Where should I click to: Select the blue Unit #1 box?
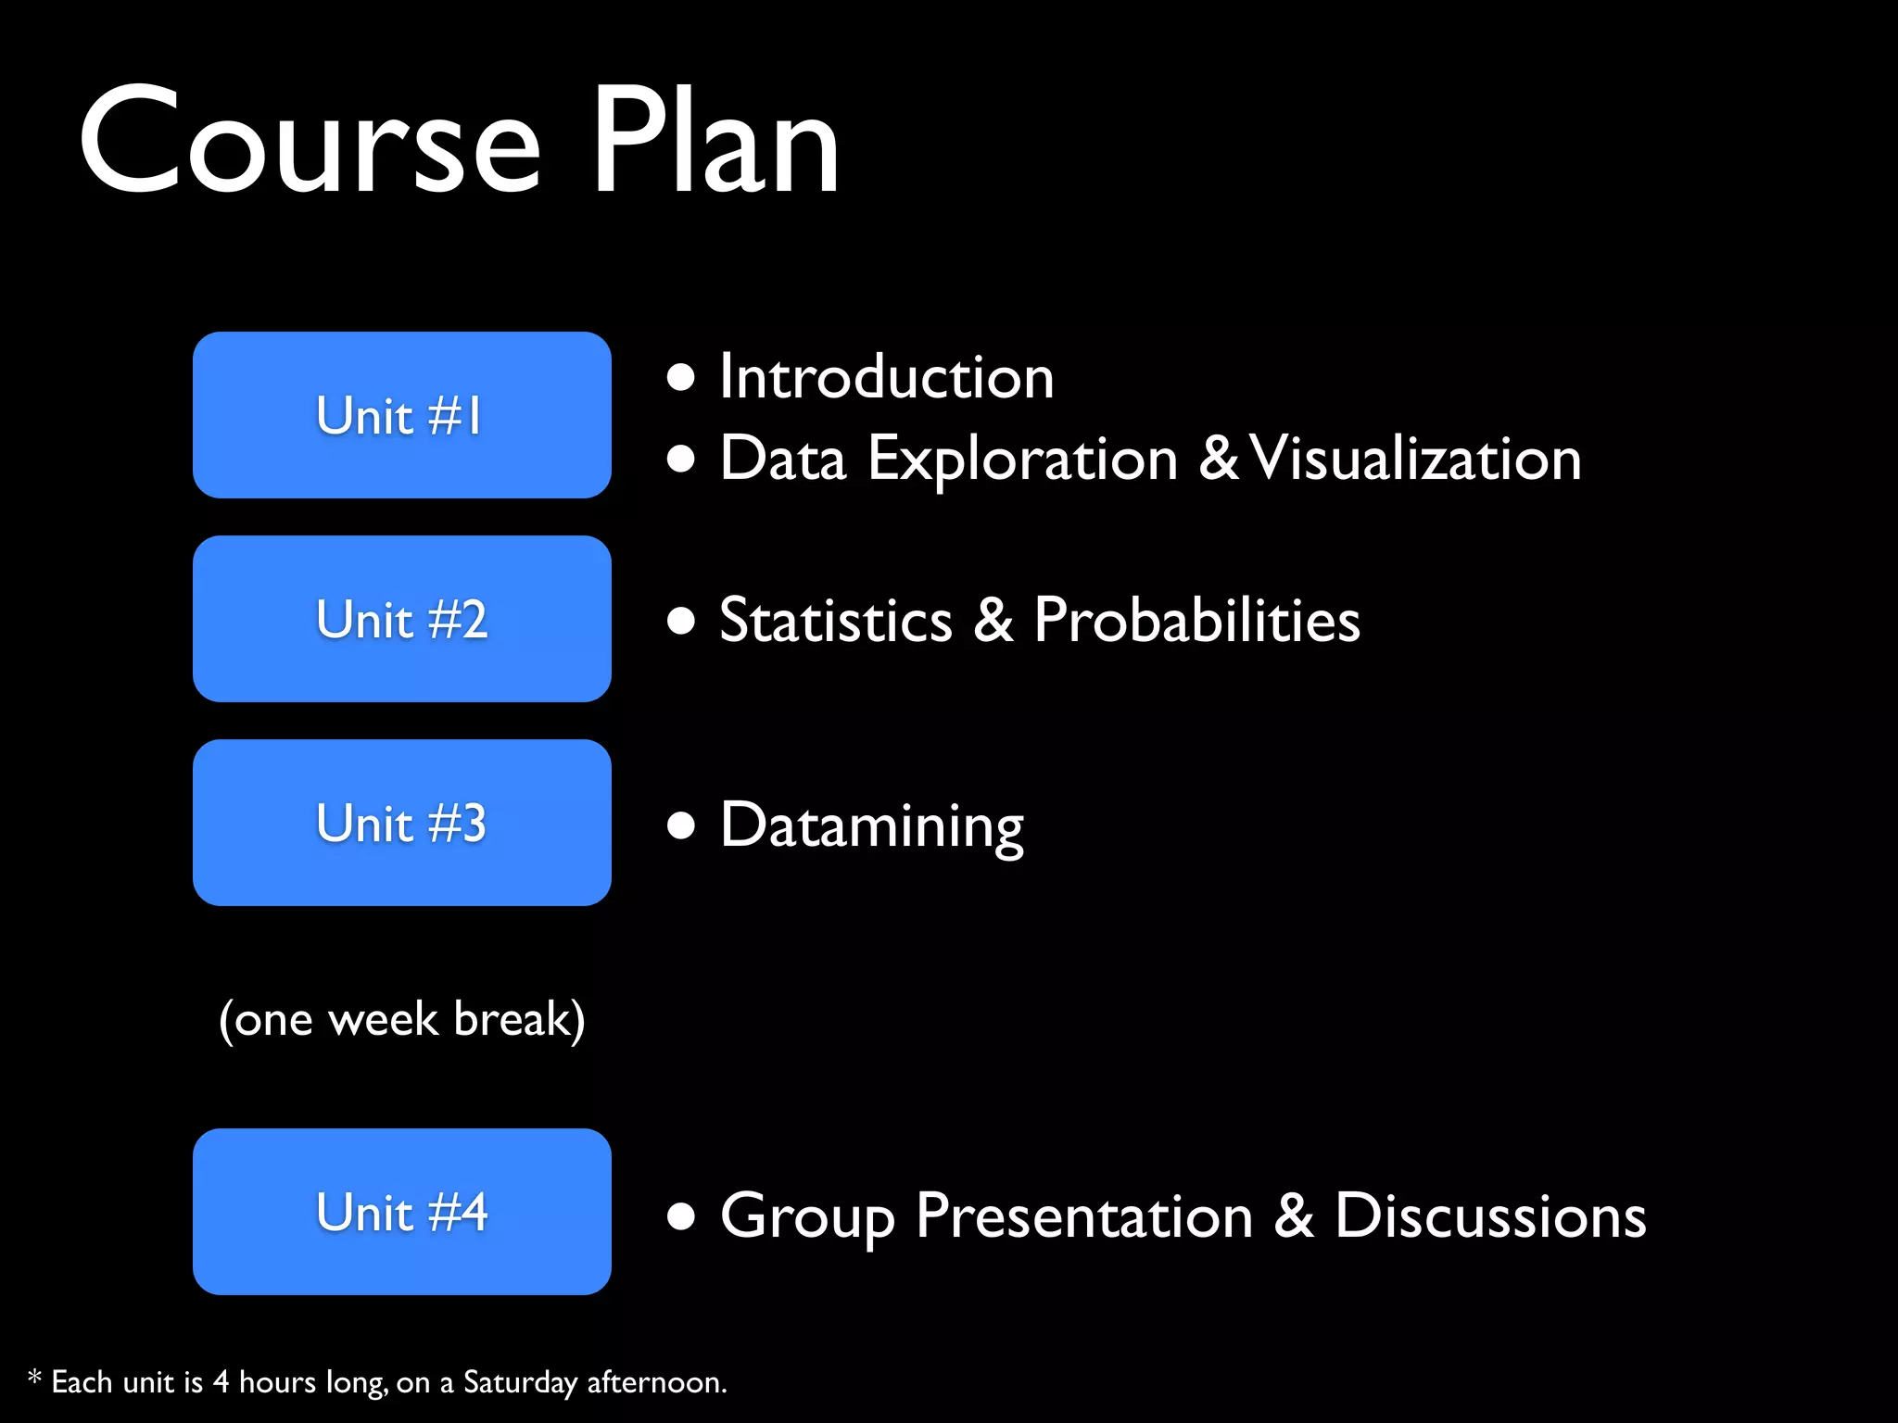pyautogui.click(x=401, y=415)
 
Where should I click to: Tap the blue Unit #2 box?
pyautogui.click(x=401, y=619)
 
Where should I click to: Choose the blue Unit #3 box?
pyautogui.click(x=401, y=823)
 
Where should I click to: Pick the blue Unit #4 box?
pyautogui.click(x=401, y=1212)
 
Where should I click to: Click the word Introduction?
pyautogui.click(x=887, y=377)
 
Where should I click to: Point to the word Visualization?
pyautogui.click(x=1415, y=458)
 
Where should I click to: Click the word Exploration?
pyautogui.click(x=1022, y=460)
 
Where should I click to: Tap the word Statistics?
pyautogui.click(x=836, y=620)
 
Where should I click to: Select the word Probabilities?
pyautogui.click(x=1196, y=620)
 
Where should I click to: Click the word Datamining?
pyautogui.click(x=872, y=825)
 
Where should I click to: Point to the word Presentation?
pyautogui.click(x=1084, y=1216)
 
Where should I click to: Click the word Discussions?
pyautogui.click(x=1490, y=1215)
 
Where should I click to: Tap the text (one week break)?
pyautogui.click(x=401, y=1019)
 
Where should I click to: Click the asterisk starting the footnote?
pyautogui.click(x=34, y=1378)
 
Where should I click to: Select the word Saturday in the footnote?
pyautogui.click(x=520, y=1382)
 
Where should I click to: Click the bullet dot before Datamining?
pyautogui.click(x=681, y=825)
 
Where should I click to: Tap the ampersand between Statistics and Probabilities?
pyautogui.click(x=993, y=620)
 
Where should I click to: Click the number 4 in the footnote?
pyautogui.click(x=221, y=1381)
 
